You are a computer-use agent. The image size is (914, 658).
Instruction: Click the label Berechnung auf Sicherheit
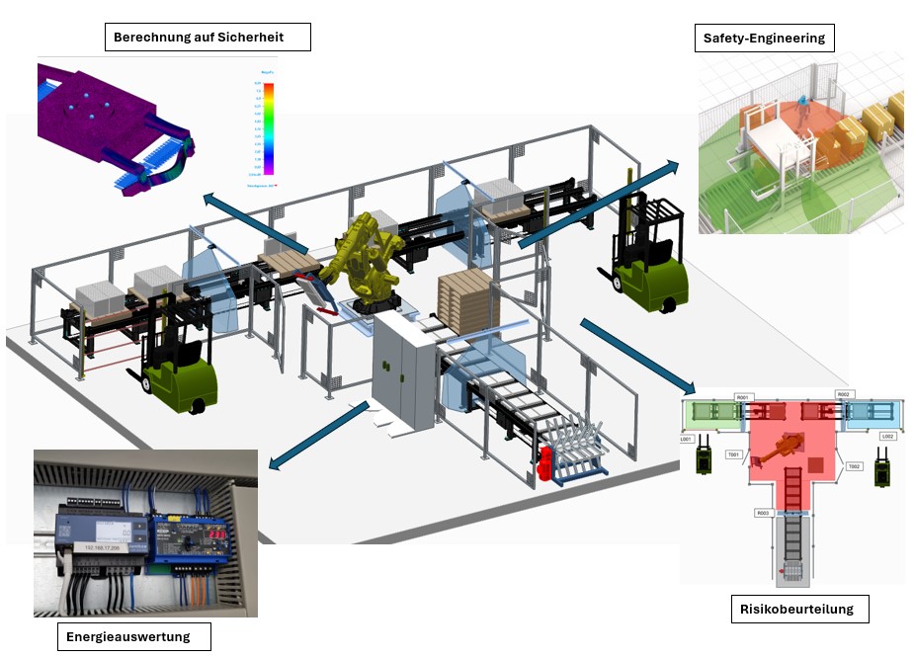pos(208,38)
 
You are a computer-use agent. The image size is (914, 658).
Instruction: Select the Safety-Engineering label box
pos(763,39)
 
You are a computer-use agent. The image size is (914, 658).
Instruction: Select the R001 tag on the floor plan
pos(742,397)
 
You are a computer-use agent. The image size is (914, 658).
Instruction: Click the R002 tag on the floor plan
pos(843,395)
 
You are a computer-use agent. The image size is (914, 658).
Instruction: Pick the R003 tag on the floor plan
pos(762,513)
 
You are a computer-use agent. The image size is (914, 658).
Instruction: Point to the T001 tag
pos(733,454)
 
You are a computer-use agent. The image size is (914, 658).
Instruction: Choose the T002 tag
pos(855,465)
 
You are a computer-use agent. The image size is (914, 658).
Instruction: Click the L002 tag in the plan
pos(886,436)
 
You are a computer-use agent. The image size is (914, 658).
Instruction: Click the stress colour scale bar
pos(268,128)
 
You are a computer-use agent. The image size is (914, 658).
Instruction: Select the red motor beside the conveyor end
pos(543,463)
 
